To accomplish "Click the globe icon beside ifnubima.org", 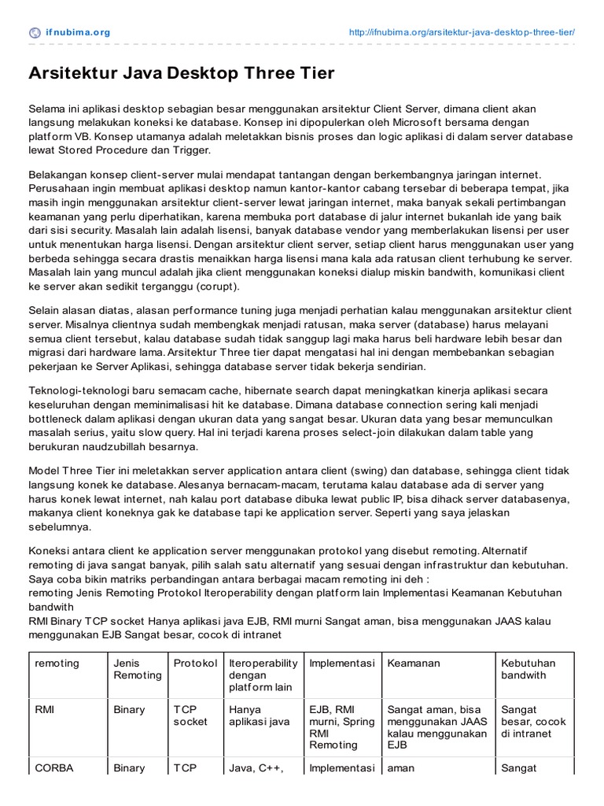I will coord(35,32).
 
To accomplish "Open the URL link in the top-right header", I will coord(462,32).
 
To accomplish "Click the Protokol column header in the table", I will coord(195,663).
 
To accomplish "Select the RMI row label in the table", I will coord(46,709).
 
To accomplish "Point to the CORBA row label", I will coord(53,768).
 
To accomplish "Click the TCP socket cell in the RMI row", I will coord(190,715).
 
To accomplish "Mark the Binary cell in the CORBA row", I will coord(129,768).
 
